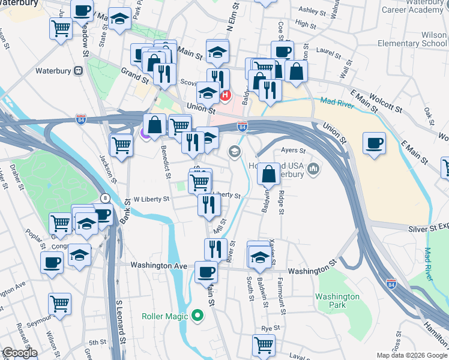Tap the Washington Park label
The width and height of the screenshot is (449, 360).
click(x=337, y=301)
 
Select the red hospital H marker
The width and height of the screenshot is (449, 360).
click(x=226, y=95)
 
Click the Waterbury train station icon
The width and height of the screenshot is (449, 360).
click(x=78, y=71)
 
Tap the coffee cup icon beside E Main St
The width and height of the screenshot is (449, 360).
click(x=374, y=143)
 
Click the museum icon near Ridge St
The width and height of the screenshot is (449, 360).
click(x=312, y=171)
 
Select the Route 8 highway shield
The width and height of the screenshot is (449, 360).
click(x=106, y=197)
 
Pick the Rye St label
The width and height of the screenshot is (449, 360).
click(x=267, y=328)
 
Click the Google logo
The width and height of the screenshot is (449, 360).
click(x=19, y=353)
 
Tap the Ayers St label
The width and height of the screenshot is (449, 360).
click(x=294, y=151)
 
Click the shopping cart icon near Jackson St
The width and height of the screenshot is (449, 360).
click(x=121, y=144)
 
